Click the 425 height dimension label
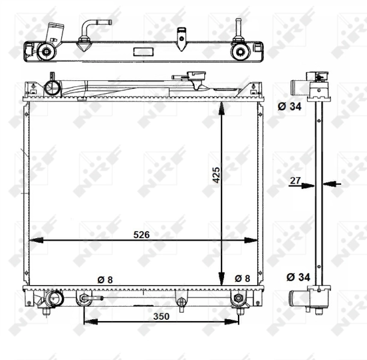217,174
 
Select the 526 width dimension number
141,234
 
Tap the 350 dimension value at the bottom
161,316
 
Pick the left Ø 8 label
105,279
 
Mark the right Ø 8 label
243,278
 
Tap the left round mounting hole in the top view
45,50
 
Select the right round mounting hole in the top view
240,50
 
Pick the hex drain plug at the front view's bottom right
238,298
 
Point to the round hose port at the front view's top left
53,88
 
